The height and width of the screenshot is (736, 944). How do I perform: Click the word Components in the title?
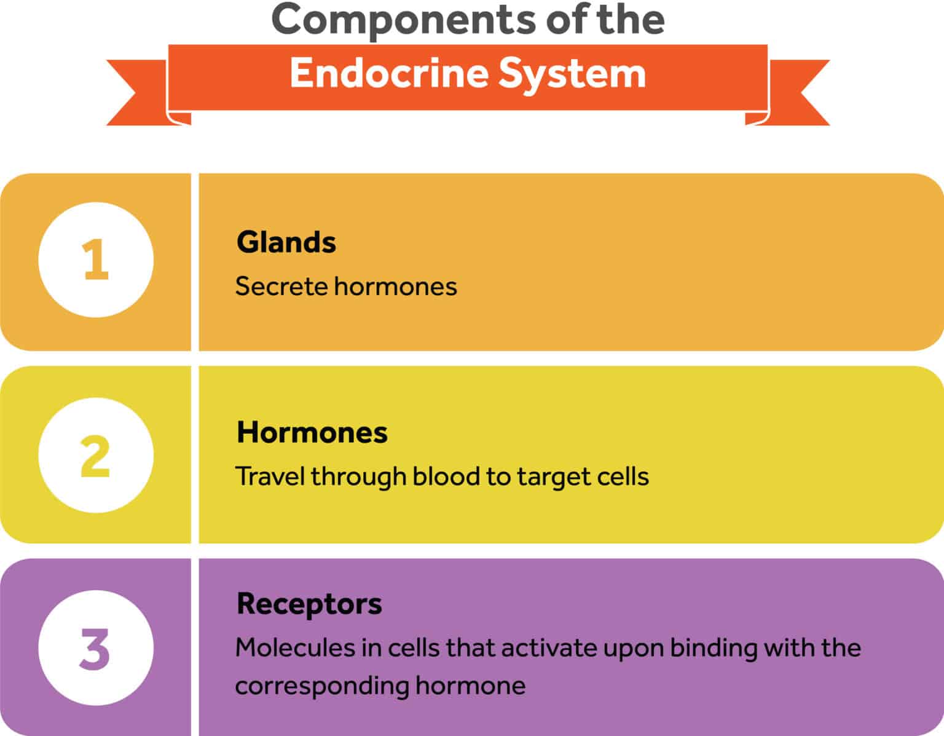pyautogui.click(x=403, y=20)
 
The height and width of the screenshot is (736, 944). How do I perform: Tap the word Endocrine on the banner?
pyautogui.click(x=388, y=74)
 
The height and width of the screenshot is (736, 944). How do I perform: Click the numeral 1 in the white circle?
pyautogui.click(x=96, y=260)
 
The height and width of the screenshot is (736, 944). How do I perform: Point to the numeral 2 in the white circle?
pyautogui.click(x=95, y=456)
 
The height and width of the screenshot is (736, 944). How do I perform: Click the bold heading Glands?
pyautogui.click(x=286, y=242)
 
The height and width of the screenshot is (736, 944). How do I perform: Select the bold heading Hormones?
pyautogui.click(x=312, y=433)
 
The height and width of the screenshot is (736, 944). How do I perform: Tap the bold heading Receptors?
pyautogui.click(x=309, y=604)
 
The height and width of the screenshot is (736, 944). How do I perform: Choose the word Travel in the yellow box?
pyautogui.click(x=270, y=477)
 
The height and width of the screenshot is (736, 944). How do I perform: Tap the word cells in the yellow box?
pyautogui.click(x=623, y=477)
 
